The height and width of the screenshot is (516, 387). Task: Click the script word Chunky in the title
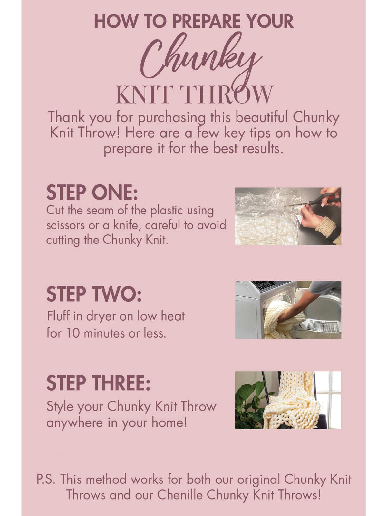(x=201, y=59)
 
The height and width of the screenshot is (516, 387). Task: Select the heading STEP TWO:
(x=94, y=294)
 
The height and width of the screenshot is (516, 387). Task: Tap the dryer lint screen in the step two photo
(x=323, y=326)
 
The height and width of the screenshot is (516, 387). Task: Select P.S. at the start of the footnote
(x=46, y=479)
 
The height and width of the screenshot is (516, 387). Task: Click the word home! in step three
(x=169, y=422)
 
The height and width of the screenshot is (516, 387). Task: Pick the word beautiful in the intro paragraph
(x=262, y=117)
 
